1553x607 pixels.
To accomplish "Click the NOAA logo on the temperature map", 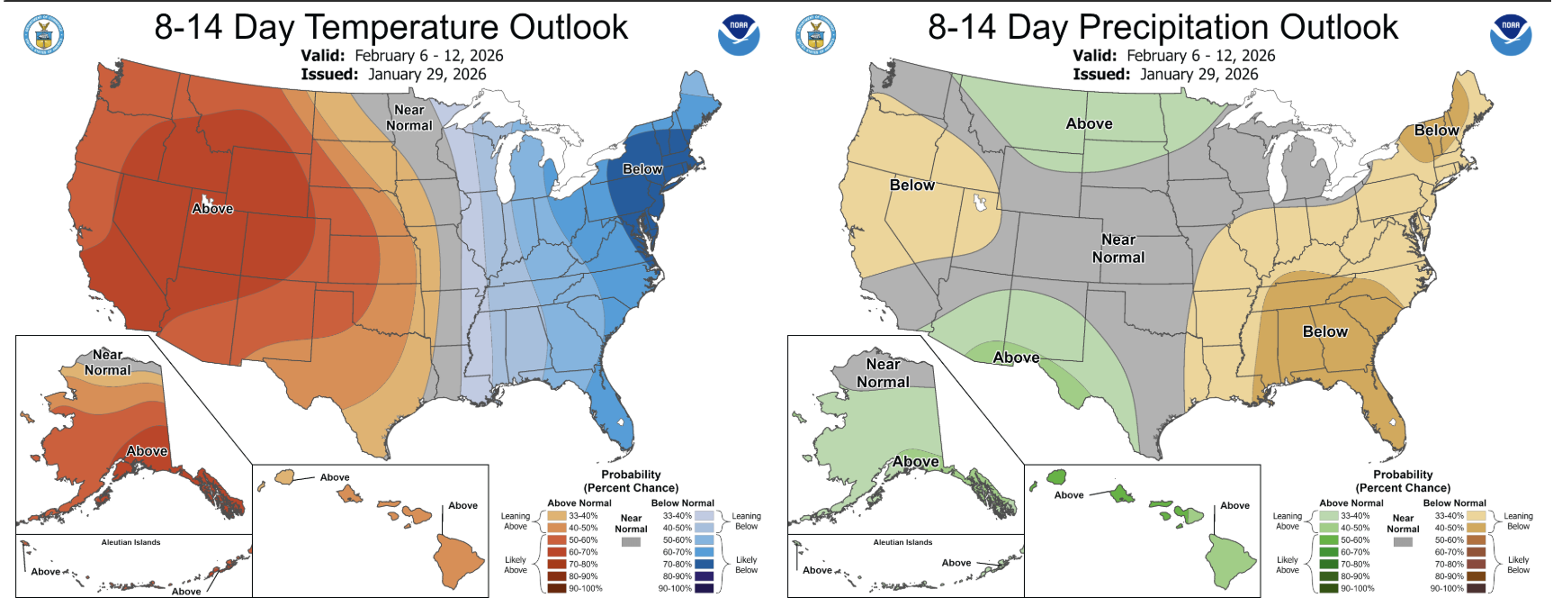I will (x=739, y=34).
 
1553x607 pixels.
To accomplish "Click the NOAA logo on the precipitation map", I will (x=1511, y=34).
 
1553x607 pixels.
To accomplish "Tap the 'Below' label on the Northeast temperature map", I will (x=642, y=169).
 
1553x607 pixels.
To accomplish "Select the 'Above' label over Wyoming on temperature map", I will (x=212, y=209).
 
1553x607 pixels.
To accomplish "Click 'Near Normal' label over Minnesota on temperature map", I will (x=409, y=118).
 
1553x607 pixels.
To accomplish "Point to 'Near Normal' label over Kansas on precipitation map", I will (x=1118, y=249).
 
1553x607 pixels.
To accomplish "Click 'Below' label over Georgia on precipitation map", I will (x=1324, y=331).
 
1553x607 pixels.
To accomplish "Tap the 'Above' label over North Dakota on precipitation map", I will (x=1089, y=124).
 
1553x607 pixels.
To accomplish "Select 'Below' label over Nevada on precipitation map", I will (x=911, y=185).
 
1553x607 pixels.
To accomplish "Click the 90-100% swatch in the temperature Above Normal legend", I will (x=557, y=588).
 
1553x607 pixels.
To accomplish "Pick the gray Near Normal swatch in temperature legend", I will (x=631, y=541).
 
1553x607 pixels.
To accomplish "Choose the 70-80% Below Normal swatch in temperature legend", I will (x=704, y=564).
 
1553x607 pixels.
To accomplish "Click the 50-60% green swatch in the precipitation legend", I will (x=1329, y=540).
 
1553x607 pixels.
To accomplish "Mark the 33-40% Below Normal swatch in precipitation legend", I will (x=1476, y=516).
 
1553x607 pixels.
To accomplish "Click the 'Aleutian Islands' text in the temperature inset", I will (x=130, y=542).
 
